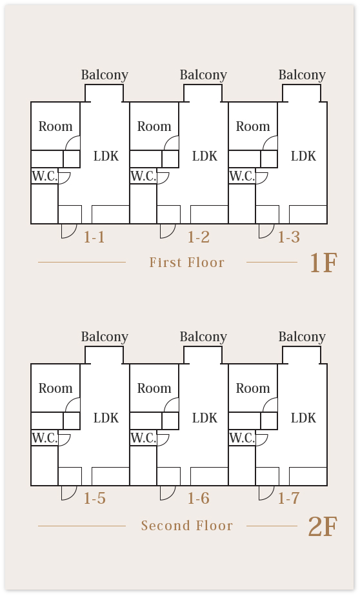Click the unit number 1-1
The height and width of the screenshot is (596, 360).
point(94,237)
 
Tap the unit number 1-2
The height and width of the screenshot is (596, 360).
point(199,237)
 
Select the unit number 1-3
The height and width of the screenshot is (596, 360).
point(289,237)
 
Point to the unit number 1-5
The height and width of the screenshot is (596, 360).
point(95,499)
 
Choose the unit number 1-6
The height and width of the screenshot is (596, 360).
point(199,499)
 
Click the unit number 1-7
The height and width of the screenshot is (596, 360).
point(289,499)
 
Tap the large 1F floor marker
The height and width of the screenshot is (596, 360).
point(323,263)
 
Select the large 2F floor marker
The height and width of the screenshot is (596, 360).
point(323,526)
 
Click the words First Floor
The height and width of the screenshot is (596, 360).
point(186,263)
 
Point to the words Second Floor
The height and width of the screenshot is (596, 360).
point(186,526)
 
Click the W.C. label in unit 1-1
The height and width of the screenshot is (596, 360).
point(45,176)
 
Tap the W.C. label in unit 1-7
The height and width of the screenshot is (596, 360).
point(242,438)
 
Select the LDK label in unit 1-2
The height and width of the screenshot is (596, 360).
point(205,156)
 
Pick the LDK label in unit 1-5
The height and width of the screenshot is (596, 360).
point(106,418)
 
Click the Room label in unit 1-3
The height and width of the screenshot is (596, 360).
point(253,126)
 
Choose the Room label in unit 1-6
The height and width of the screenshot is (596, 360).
point(154,388)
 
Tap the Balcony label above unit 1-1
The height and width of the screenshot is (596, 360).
point(105,75)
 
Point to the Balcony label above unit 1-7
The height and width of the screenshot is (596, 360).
point(302,337)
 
